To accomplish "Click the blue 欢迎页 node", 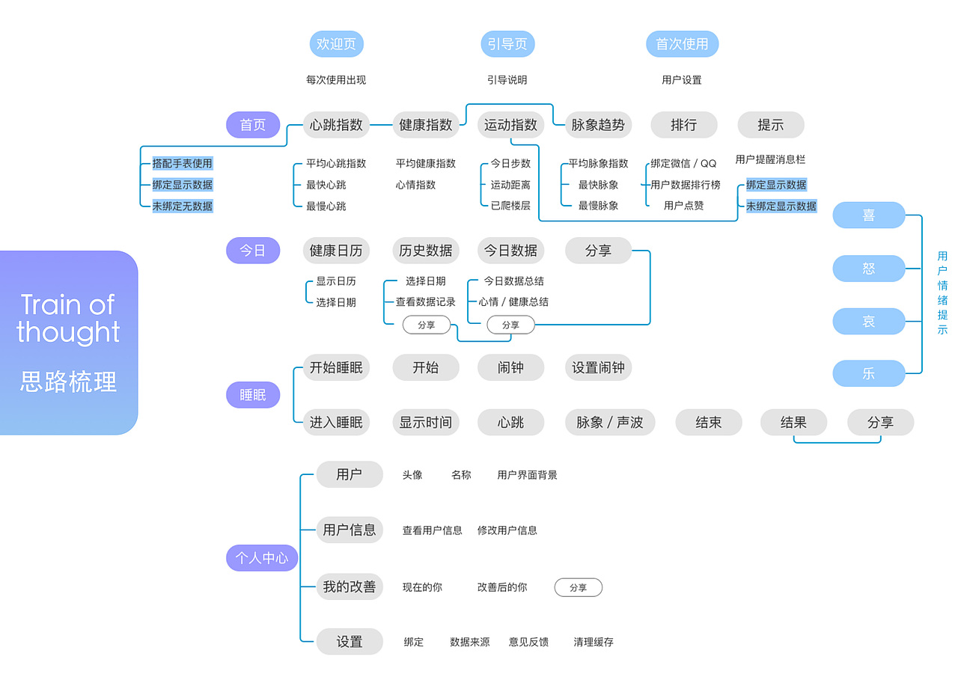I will (x=336, y=44).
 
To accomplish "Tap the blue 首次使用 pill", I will (x=682, y=44).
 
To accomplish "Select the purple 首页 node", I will (x=253, y=125).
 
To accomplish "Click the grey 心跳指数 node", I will (x=336, y=125).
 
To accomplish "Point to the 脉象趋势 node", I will (x=597, y=125).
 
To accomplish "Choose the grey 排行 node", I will (x=683, y=125).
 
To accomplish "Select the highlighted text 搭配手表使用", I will (x=183, y=163).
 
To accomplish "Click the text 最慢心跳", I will (x=326, y=206).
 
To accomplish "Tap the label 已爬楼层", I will (x=510, y=206).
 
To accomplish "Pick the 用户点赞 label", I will (x=683, y=206).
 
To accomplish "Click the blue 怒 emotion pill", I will (x=868, y=269).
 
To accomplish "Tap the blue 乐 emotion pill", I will (x=868, y=373).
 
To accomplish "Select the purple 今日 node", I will (x=253, y=251).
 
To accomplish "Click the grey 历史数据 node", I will (x=425, y=251).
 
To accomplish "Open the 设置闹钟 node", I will (x=598, y=368).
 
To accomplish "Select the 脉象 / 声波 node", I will (x=609, y=423).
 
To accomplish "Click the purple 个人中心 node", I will (x=262, y=558).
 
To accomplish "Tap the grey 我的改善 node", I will (x=349, y=587).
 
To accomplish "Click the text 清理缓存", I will (x=594, y=642).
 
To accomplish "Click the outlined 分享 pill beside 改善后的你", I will (x=578, y=588).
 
